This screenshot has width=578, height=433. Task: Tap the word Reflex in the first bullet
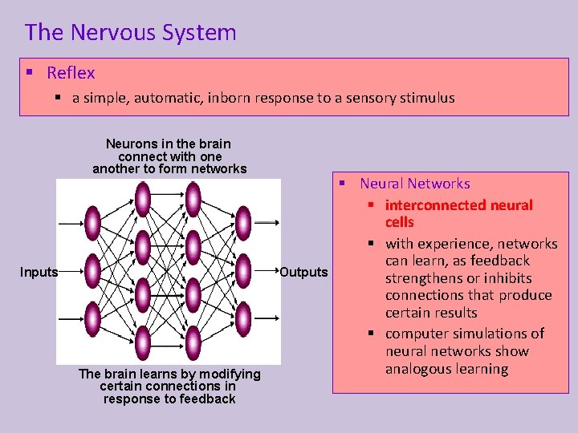(71, 73)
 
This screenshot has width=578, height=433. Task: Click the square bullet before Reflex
(29, 72)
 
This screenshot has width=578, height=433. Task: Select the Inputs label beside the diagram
(39, 273)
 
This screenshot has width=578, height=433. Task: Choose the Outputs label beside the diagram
(303, 273)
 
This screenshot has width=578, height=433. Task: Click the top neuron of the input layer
(92, 223)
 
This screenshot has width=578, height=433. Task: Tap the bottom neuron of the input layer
(92, 319)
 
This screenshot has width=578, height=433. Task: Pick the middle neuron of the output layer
(243, 270)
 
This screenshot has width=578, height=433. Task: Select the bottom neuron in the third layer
(193, 343)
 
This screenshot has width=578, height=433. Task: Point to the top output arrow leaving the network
(266, 222)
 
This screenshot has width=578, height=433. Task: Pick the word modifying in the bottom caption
(222, 374)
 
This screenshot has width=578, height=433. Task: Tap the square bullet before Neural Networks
(342, 184)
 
